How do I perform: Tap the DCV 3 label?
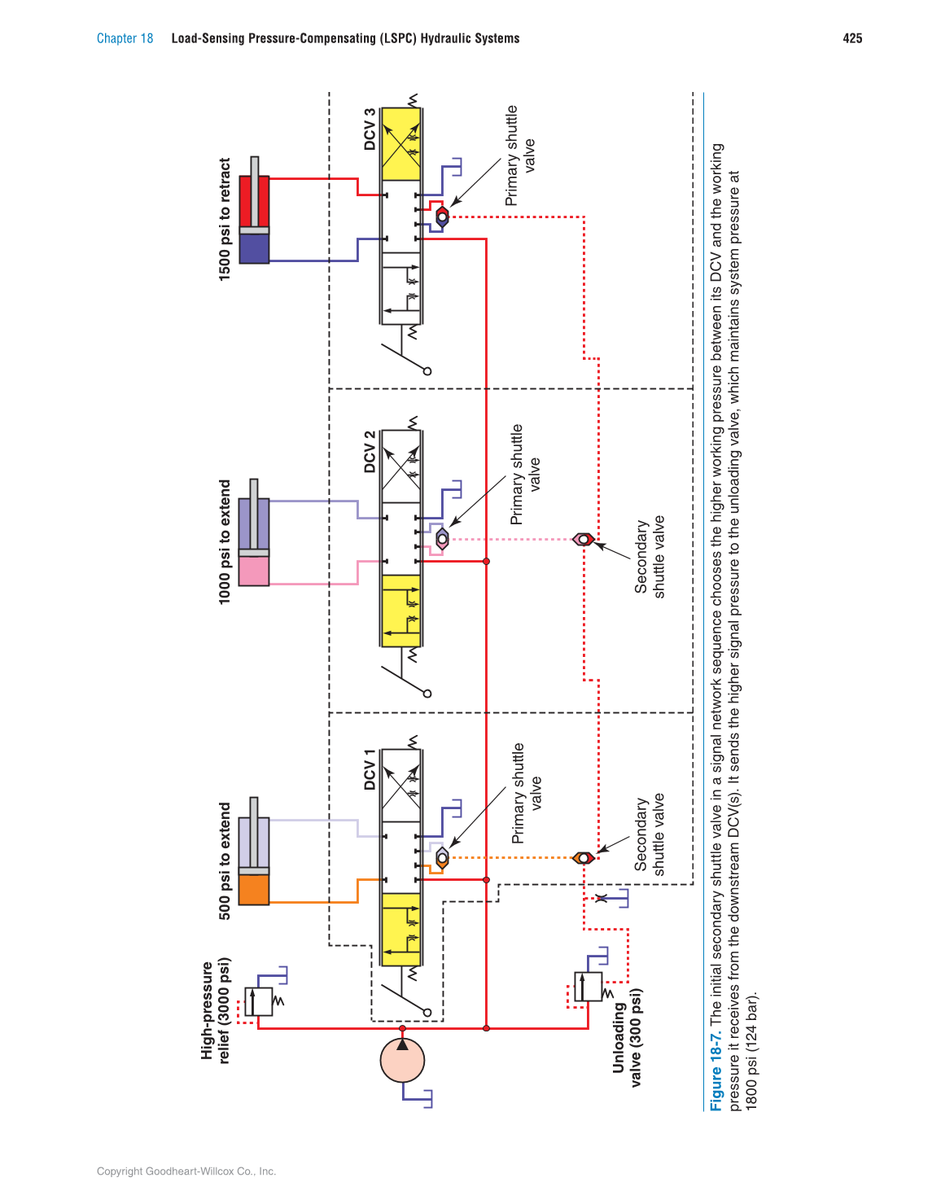click(370, 129)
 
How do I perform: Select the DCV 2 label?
click(370, 452)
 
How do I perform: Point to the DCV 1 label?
click(370, 770)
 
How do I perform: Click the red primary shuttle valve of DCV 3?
click(442, 217)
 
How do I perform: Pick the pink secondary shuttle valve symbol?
click(583, 539)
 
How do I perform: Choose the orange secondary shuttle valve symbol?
click(583, 857)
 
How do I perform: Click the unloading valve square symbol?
click(589, 987)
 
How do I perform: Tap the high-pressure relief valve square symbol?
click(259, 1001)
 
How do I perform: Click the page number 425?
click(852, 38)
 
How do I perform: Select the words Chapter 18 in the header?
click(125, 38)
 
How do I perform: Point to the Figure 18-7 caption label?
click(716, 1071)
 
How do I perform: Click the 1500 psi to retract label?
click(225, 220)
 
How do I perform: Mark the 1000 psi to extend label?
click(225, 541)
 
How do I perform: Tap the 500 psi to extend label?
click(225, 861)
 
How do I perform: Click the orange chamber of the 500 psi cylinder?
click(254, 889)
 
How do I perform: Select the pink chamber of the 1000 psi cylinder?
click(254, 570)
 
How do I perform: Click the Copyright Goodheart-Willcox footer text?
click(186, 1171)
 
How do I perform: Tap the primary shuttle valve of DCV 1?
click(442, 857)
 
